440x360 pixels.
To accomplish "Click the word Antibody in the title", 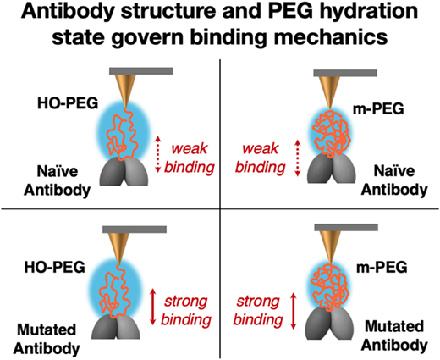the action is [x=68, y=11].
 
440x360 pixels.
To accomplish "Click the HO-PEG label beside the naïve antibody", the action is [x=68, y=103].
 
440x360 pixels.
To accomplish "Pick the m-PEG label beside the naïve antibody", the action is [x=378, y=108].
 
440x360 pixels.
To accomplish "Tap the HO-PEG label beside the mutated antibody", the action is [x=55, y=267].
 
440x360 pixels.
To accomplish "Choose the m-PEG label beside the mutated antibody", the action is [x=382, y=267].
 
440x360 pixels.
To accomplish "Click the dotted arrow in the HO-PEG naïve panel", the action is [x=158, y=154].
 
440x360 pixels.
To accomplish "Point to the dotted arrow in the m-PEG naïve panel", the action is [x=298, y=158].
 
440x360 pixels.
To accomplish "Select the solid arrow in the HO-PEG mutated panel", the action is [x=152, y=306].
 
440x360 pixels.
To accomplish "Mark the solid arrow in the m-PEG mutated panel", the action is [x=294, y=311].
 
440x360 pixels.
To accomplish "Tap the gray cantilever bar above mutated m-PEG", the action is [x=346, y=227].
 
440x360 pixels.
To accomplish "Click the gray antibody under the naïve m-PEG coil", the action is [x=332, y=169].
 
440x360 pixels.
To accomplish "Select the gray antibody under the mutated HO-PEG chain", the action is [x=116, y=327].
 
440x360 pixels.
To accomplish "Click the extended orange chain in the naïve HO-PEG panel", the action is [x=123, y=133].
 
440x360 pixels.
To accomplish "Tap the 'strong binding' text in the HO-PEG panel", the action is [x=186, y=311].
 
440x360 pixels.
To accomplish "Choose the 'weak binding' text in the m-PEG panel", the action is [x=261, y=158].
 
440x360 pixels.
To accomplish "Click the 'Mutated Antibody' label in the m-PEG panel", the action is [x=394, y=335].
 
